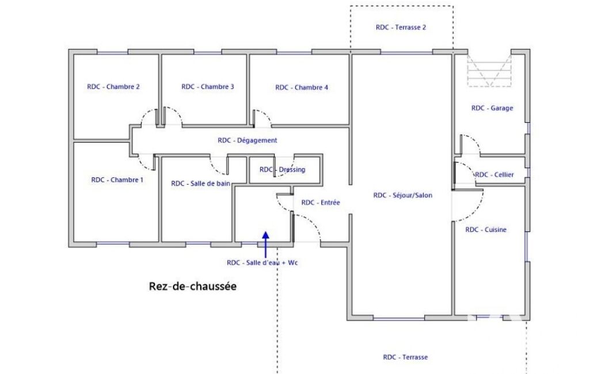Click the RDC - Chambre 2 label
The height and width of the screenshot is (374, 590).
click(113, 86)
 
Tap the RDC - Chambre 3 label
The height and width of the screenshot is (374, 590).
click(208, 86)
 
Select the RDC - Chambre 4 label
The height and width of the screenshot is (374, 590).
click(302, 87)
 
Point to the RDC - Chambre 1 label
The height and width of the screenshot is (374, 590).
click(117, 180)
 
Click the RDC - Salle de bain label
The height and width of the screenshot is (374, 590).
click(200, 184)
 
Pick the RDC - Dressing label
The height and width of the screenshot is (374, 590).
click(282, 170)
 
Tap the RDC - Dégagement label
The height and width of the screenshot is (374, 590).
click(247, 140)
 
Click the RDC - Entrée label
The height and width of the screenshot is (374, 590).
click(321, 203)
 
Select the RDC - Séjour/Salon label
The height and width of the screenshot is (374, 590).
click(402, 195)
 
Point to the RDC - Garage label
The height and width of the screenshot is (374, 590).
click(492, 108)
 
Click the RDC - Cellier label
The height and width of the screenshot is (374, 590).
click(494, 174)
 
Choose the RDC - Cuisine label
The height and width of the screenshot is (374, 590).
click(486, 230)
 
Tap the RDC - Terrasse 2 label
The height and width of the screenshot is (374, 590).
click(401, 27)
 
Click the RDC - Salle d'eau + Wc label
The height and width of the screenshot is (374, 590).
click(262, 262)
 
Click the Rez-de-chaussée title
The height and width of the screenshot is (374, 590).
click(193, 287)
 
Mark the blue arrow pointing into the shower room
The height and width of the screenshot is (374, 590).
click(266, 245)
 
